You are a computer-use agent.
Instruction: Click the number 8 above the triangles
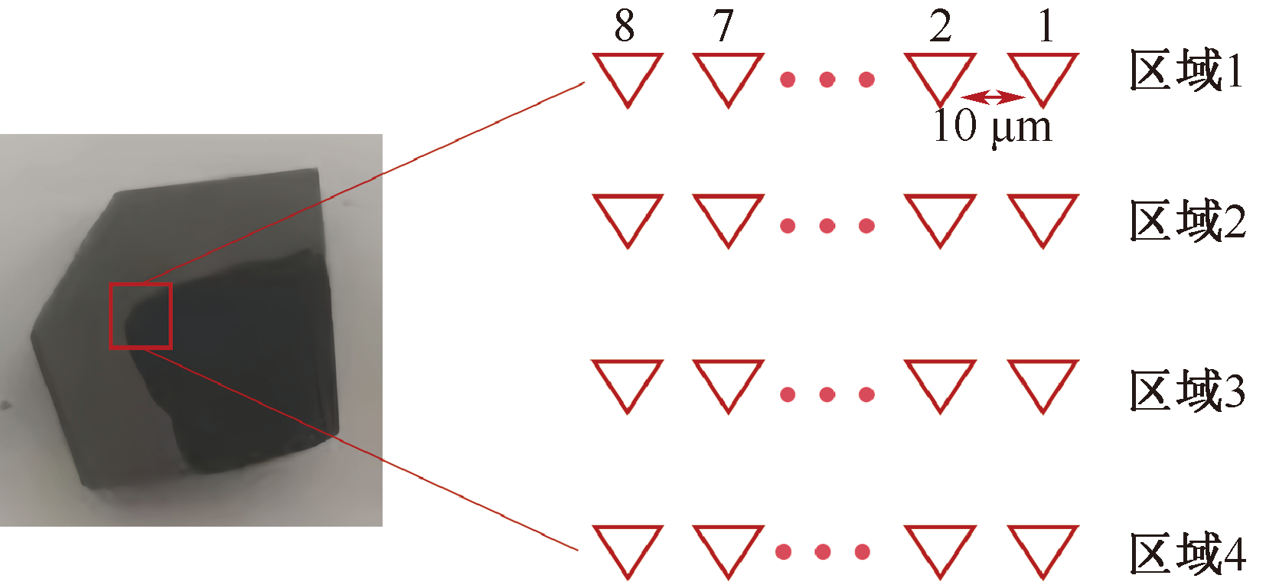click(x=625, y=26)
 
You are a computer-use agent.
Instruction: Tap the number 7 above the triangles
click(x=723, y=26)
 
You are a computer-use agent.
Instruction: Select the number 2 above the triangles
click(x=941, y=26)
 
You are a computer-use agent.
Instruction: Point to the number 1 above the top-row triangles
click(x=1047, y=26)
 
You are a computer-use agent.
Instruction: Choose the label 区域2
click(x=1187, y=221)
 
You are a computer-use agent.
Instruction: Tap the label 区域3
click(x=1187, y=390)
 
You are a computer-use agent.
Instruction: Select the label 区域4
click(x=1187, y=554)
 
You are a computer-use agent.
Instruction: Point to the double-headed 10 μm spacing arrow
click(x=993, y=97)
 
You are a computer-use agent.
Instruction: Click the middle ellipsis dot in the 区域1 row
click(x=827, y=79)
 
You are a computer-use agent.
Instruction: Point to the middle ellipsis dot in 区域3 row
click(x=827, y=394)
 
